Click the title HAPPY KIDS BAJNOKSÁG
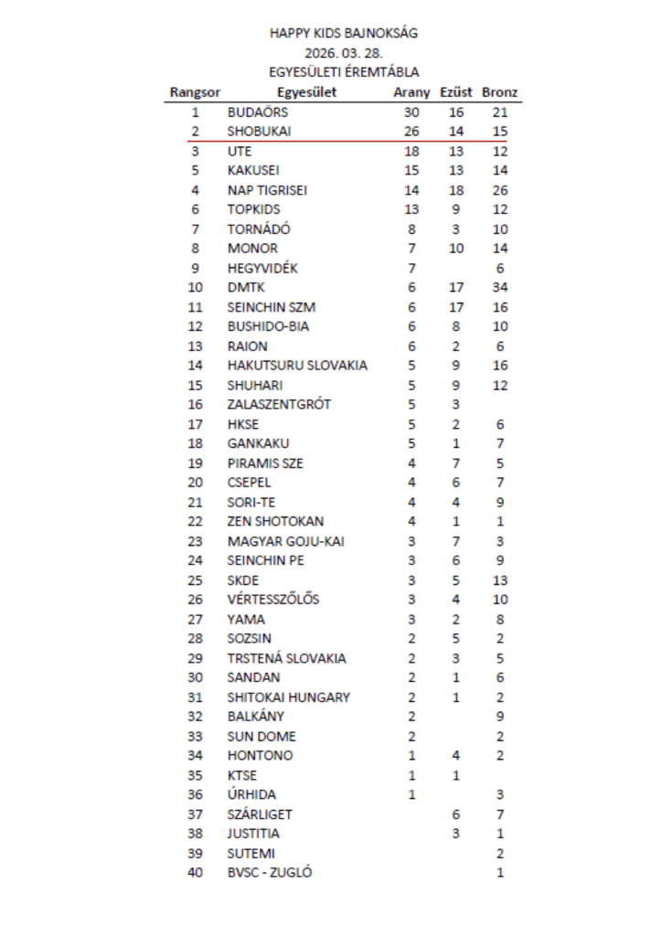coord(344,33)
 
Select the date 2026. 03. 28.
coord(344,52)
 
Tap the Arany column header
coord(411,92)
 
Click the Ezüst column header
coord(456,92)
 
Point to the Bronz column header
coord(499,92)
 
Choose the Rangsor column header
coord(195,92)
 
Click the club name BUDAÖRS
coord(258,112)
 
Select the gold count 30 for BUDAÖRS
coord(411,112)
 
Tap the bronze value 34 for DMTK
coord(499,288)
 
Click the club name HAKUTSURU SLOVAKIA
coord(297,366)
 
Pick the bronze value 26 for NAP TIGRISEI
coord(499,190)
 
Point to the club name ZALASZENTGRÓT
coord(279,404)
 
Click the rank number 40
coord(195,872)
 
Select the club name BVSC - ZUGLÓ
coord(270,872)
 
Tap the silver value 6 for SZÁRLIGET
coord(455,814)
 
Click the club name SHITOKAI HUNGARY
coord(288,697)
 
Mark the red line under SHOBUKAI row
coord(344,142)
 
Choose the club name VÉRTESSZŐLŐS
coord(273,600)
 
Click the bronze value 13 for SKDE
coord(499,580)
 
